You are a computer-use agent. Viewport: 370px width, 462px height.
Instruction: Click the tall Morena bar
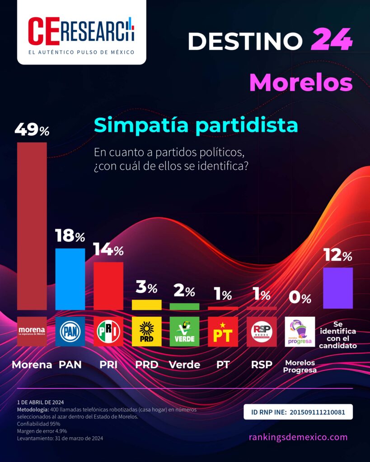[32, 226]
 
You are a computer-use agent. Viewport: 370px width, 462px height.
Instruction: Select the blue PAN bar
[70, 279]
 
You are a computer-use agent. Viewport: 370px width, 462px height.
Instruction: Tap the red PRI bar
[108, 286]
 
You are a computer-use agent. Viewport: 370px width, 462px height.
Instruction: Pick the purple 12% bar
[338, 288]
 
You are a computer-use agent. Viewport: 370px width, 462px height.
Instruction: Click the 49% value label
[32, 130]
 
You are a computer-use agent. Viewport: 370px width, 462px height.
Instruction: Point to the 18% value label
[70, 236]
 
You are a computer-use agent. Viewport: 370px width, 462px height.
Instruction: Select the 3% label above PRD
[146, 287]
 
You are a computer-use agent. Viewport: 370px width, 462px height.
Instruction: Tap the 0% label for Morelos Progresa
[300, 298]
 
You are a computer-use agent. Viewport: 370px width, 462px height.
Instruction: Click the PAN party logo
[70, 332]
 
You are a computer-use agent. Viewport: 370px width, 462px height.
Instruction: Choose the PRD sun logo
[146, 332]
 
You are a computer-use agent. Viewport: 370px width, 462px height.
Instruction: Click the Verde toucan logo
[184, 332]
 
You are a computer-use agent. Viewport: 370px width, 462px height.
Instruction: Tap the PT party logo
[223, 332]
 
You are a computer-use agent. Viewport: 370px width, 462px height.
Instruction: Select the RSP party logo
[262, 332]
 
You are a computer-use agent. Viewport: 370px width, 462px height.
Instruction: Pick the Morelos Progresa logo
[300, 332]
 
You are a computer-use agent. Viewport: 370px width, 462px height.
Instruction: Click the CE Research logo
[81, 32]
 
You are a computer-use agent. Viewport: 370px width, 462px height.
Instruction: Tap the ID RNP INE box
[298, 412]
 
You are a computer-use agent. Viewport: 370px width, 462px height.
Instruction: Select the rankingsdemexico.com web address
[298, 437]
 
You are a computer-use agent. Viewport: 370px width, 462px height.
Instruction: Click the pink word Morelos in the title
[300, 83]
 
